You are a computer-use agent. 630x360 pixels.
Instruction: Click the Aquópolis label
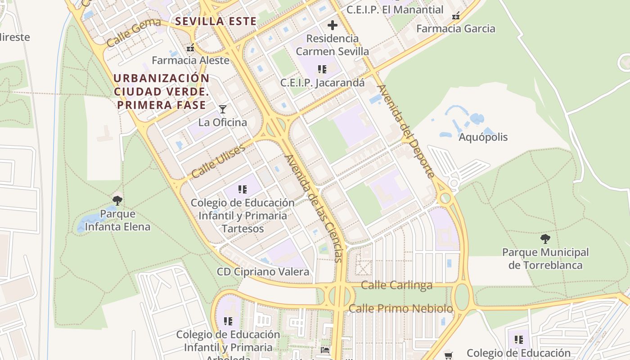tap(483, 137)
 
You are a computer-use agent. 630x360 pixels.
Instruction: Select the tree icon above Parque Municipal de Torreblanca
tap(545, 239)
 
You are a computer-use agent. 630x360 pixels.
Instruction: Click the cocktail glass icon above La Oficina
tap(222, 109)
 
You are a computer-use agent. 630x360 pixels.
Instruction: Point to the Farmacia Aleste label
tap(190, 60)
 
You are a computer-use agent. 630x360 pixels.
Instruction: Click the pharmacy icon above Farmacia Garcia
tap(456, 16)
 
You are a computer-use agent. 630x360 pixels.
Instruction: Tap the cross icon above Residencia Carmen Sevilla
tap(333, 25)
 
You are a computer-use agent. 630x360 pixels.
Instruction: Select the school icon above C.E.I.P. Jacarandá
tap(322, 69)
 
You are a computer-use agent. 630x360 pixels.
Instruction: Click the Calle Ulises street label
tap(218, 161)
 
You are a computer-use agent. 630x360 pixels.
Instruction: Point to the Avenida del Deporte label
tap(406, 131)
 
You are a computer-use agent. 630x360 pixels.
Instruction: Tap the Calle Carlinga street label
tap(396, 285)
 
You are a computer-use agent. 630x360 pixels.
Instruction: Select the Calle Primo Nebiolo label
tap(400, 309)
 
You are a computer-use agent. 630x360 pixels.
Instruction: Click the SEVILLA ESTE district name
tap(216, 21)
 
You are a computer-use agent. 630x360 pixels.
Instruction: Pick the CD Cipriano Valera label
tap(263, 272)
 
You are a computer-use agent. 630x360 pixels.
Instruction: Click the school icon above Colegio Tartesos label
tap(243, 189)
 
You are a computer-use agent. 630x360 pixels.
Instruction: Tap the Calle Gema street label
tap(134, 33)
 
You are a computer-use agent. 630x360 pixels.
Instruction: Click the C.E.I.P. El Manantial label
tap(395, 9)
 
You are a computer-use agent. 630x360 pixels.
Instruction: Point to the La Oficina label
tap(223, 122)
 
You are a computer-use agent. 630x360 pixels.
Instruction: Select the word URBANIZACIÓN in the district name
tap(161, 78)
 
